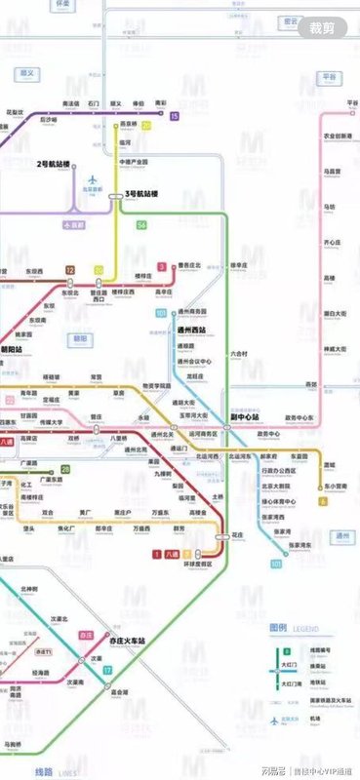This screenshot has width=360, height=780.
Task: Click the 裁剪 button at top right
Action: click(321, 27)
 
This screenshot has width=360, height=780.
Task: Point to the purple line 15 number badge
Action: click(174, 117)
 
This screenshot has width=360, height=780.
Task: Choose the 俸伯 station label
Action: click(139, 102)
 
